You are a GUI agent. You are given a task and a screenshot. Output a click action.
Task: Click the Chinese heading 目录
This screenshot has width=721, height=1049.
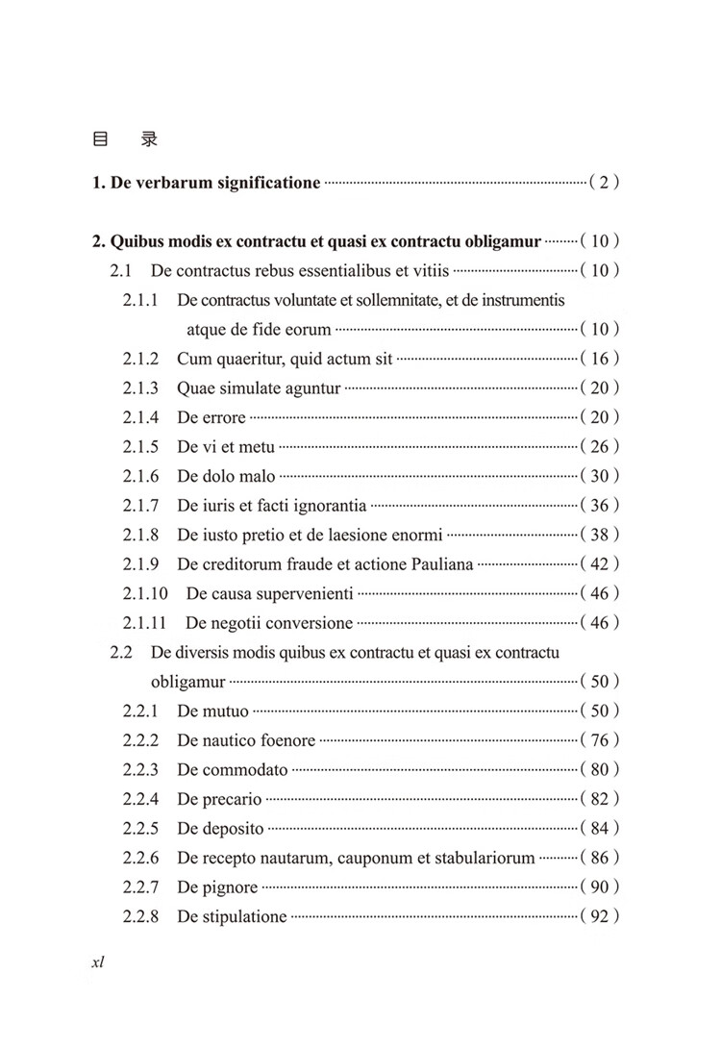124,139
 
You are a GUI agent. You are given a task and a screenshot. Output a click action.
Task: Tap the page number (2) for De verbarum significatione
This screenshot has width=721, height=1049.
604,182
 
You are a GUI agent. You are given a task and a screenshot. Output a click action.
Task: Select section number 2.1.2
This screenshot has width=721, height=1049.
140,359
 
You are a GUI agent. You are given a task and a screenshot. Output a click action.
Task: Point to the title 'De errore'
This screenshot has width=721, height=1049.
211,417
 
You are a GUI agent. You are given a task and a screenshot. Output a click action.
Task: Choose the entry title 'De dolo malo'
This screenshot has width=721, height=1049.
226,476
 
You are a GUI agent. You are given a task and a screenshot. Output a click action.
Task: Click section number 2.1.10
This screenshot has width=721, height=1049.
145,593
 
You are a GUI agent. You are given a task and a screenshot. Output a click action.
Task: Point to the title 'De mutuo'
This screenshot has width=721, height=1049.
212,712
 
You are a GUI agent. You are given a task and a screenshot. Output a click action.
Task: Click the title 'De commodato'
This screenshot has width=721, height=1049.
233,770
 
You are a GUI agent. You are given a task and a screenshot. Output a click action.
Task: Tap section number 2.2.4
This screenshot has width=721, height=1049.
140,799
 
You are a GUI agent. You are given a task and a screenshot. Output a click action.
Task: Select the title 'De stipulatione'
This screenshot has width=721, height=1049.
232,916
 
